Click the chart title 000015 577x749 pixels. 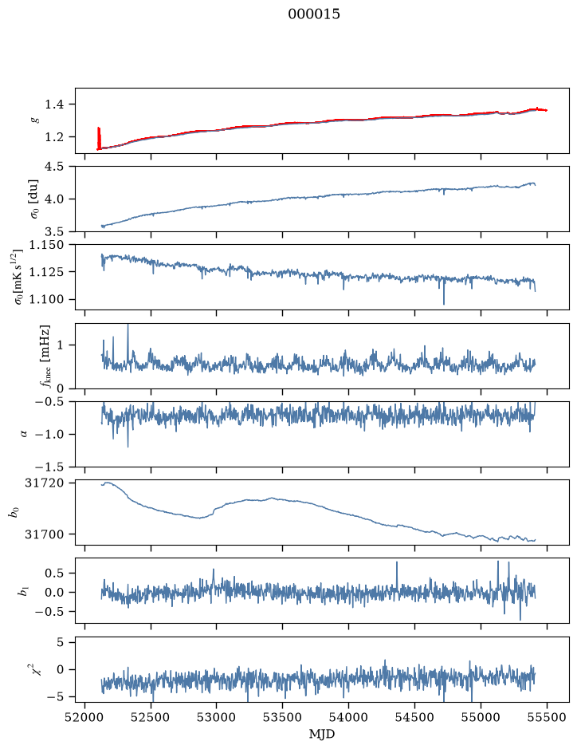(x=313, y=14)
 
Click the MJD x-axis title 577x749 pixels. (x=322, y=734)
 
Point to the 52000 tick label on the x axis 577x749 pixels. (x=85, y=717)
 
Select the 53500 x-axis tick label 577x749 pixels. (x=283, y=717)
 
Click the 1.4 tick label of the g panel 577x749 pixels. (x=54, y=104)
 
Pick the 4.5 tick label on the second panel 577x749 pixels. (x=54, y=167)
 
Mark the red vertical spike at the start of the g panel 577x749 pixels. (x=99, y=138)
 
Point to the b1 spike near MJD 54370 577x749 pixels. (x=397, y=574)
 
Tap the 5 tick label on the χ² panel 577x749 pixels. (x=60, y=642)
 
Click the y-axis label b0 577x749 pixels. (x=14, y=512)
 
